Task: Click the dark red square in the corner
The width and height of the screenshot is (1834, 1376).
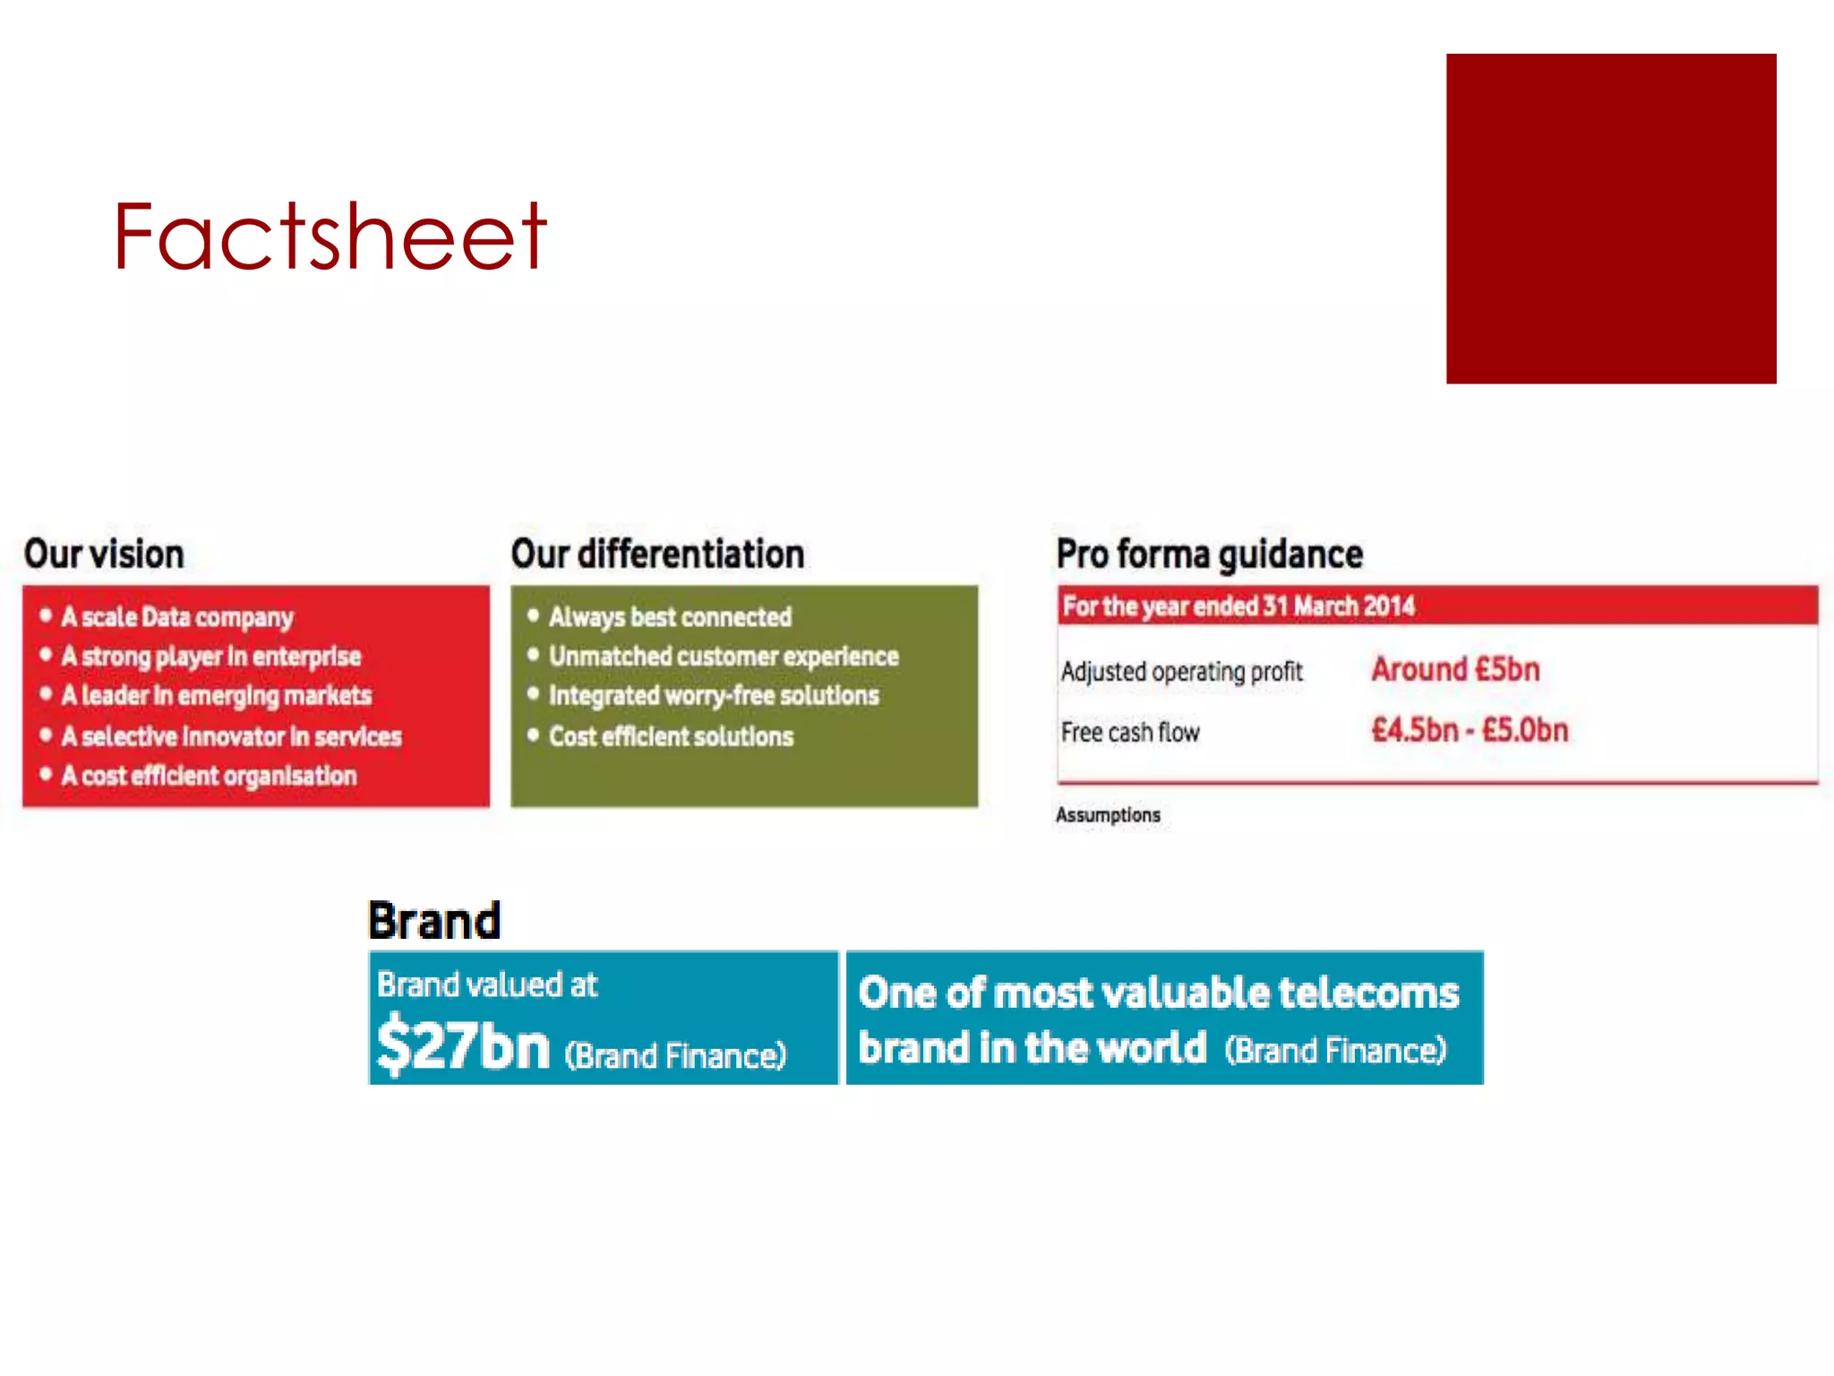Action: tap(1610, 219)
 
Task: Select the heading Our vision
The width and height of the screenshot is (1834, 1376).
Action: tap(104, 555)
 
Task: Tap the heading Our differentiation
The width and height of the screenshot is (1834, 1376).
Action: tap(657, 555)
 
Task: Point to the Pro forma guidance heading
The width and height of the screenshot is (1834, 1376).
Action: tap(1209, 555)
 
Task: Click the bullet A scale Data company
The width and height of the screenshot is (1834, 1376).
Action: tap(177, 617)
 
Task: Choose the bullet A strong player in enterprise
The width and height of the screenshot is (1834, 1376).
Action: tap(210, 657)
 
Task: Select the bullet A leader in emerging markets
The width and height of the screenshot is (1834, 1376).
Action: tap(216, 696)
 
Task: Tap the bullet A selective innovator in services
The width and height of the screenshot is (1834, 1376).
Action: tap(231, 736)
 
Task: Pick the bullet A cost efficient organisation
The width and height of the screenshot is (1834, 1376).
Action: tap(209, 776)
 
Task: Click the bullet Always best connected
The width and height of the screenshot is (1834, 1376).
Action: tap(670, 617)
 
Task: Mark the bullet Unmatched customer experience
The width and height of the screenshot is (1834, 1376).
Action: tap(724, 657)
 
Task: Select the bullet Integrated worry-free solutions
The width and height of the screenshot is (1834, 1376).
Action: tap(714, 696)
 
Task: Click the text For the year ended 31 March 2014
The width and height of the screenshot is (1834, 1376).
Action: tap(1238, 606)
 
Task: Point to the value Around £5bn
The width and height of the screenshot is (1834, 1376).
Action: tap(1455, 670)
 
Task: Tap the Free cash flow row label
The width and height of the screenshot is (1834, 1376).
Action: tap(1130, 733)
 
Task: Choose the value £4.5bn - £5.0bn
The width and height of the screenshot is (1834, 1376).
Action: tap(1470, 730)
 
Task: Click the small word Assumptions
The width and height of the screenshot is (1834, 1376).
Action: tap(1108, 815)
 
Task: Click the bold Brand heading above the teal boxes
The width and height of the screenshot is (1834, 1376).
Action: tap(434, 921)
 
